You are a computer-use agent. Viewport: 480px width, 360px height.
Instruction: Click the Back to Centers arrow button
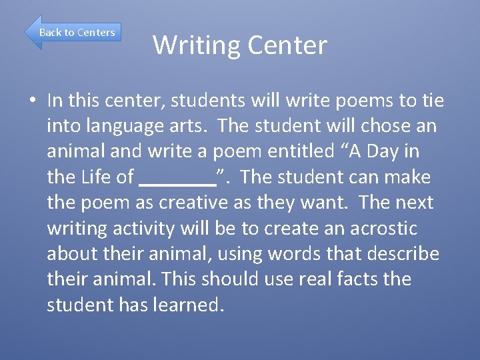73,32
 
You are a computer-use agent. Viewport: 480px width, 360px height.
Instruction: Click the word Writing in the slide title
196,45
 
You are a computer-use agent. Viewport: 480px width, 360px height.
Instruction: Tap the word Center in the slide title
287,45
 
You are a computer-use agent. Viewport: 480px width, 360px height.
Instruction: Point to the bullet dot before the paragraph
32,101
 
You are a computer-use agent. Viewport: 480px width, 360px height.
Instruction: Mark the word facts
349,279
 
